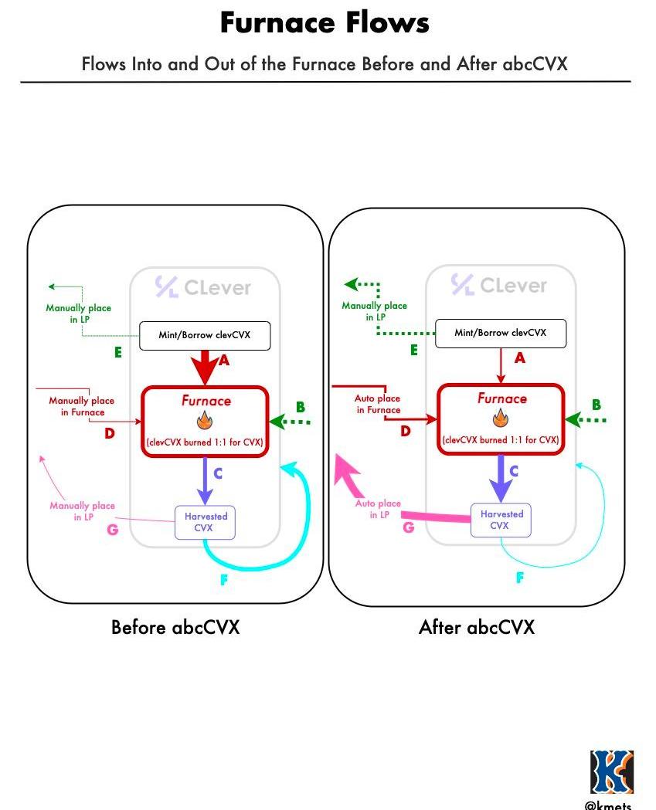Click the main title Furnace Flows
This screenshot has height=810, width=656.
325,23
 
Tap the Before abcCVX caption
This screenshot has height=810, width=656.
175,627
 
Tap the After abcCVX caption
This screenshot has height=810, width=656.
476,627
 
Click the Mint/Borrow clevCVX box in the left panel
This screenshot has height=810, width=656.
205,336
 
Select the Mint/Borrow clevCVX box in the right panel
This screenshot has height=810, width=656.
501,334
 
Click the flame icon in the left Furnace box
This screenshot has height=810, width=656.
205,421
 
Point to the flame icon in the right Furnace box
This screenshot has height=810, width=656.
501,419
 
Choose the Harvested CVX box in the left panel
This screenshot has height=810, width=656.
205,522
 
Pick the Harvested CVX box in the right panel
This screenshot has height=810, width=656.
501,520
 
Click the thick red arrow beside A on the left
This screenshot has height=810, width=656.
205,367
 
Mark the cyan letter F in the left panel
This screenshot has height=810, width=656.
224,581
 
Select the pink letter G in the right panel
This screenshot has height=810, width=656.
409,528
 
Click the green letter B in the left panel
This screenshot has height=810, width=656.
300,407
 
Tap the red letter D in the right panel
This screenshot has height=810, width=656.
406,432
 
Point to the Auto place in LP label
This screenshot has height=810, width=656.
378,510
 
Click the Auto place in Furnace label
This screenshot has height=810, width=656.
378,405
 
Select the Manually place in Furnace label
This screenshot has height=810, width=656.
82,406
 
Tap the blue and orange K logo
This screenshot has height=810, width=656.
612,771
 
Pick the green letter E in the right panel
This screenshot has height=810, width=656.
414,351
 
